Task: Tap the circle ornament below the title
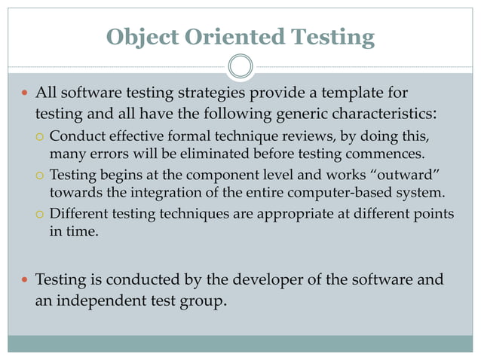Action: tap(240, 67)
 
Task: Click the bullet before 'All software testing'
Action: tap(23, 95)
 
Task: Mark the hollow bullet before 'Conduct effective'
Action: tap(41, 137)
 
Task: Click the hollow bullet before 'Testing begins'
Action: tap(41, 176)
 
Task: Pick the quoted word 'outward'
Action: tap(406, 175)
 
